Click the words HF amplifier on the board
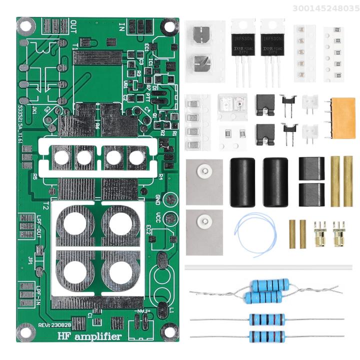[89, 336]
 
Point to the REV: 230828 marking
[53, 324]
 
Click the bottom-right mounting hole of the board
[169, 331]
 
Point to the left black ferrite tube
[242, 182]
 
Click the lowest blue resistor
[267, 336]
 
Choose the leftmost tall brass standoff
[334, 181]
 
